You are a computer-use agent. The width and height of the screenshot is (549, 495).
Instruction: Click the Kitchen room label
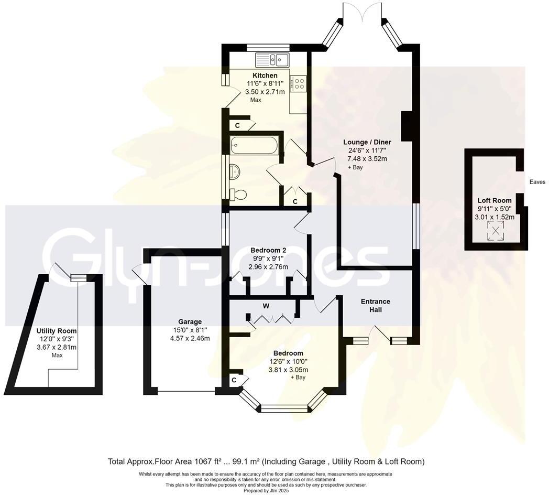[265, 76]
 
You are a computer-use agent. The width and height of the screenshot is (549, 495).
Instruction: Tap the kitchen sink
[272, 60]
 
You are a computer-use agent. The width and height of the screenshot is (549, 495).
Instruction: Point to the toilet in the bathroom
[237, 195]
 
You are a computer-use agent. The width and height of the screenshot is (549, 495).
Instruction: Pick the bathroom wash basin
[234, 170]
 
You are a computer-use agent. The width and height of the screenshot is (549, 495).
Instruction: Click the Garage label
[189, 321]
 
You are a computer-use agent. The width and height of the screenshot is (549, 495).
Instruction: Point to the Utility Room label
[57, 331]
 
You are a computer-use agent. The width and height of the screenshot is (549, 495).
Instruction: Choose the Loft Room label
[495, 200]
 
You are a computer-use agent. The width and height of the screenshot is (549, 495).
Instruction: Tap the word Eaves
[537, 182]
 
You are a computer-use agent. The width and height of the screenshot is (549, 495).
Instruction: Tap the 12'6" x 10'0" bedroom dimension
[288, 361]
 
